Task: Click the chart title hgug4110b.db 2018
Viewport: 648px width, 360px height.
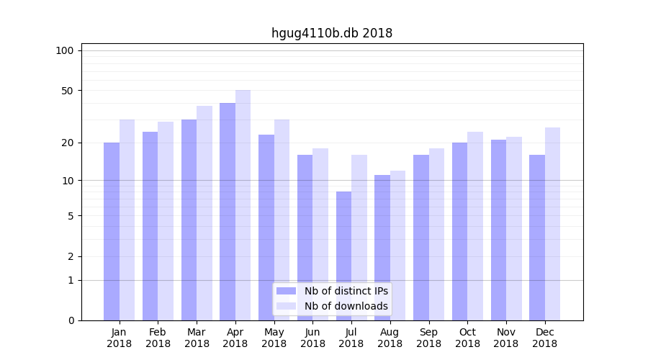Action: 332,33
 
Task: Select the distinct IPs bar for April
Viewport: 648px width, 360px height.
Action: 228,212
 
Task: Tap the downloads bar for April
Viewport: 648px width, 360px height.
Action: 243,205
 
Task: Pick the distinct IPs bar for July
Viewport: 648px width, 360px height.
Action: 343,256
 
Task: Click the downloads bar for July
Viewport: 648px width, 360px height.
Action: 359,238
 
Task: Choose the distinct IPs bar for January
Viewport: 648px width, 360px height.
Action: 112,231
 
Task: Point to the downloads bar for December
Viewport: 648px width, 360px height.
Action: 552,224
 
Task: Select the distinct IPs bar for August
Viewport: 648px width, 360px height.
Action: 382,248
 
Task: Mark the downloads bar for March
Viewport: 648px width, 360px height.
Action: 204,213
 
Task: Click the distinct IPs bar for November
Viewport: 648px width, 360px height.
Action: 498,230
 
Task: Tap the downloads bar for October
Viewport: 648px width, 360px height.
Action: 475,226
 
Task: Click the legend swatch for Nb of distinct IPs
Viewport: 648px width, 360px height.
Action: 286,291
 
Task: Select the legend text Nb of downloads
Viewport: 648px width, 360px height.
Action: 346,306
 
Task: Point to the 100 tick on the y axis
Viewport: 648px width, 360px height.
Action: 65,50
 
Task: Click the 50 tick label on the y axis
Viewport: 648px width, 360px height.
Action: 67,91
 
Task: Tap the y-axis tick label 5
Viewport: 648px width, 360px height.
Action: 71,215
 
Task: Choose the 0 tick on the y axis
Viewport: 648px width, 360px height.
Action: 71,320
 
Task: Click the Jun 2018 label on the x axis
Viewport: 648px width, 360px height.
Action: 312,338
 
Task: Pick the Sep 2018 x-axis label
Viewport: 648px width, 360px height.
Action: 428,338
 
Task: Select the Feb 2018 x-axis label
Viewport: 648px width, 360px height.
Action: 158,338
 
